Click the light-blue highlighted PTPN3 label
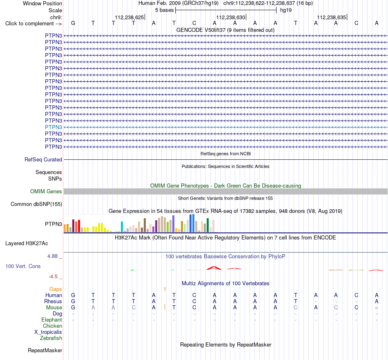tap(54, 127)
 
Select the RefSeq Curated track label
tap(43, 160)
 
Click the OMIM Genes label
tap(46, 191)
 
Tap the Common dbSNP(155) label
tap(36, 204)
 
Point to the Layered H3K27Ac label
tap(27, 244)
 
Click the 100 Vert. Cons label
tap(23, 266)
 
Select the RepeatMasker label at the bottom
tap(45, 350)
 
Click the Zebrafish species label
tap(51, 338)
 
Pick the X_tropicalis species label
tap(48, 332)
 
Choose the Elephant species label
tap(52, 320)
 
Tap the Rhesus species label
tap(53, 301)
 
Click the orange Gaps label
tap(56, 289)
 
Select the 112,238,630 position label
tap(230, 17)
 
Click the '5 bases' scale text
tap(164, 10)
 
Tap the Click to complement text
tap(33, 24)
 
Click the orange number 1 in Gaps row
tap(165, 289)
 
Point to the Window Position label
tap(42, 3)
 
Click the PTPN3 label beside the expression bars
tap(54, 224)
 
